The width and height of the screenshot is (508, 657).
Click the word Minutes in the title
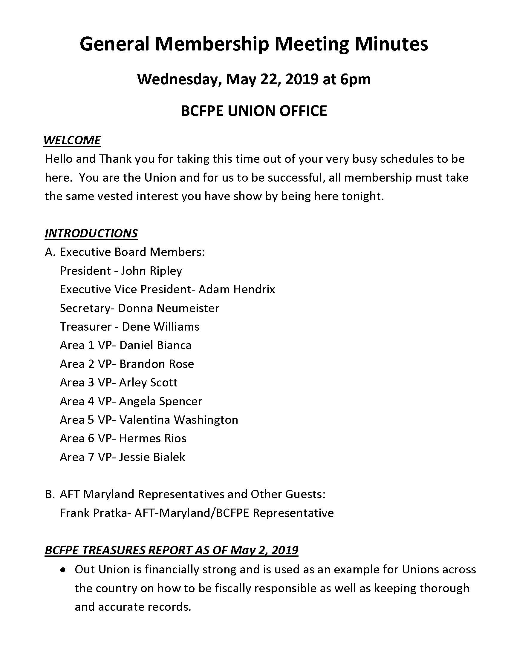point(391,44)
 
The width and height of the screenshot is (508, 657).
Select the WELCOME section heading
point(72,140)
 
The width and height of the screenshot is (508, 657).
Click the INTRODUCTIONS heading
point(91,233)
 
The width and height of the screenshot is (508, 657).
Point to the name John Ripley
point(152,271)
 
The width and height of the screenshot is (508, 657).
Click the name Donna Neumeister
point(169,308)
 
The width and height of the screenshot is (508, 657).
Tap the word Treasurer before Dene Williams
point(86,327)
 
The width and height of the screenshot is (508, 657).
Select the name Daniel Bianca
point(155,345)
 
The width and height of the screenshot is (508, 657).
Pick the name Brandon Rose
point(157,364)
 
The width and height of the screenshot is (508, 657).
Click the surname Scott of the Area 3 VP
point(163,383)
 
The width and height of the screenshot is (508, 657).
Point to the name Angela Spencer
point(160,401)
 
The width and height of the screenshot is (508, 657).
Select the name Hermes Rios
point(153,439)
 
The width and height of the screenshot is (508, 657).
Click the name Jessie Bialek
point(152,457)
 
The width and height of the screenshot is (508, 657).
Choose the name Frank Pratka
point(94,513)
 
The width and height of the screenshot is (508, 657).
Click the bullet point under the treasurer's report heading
point(62,570)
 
